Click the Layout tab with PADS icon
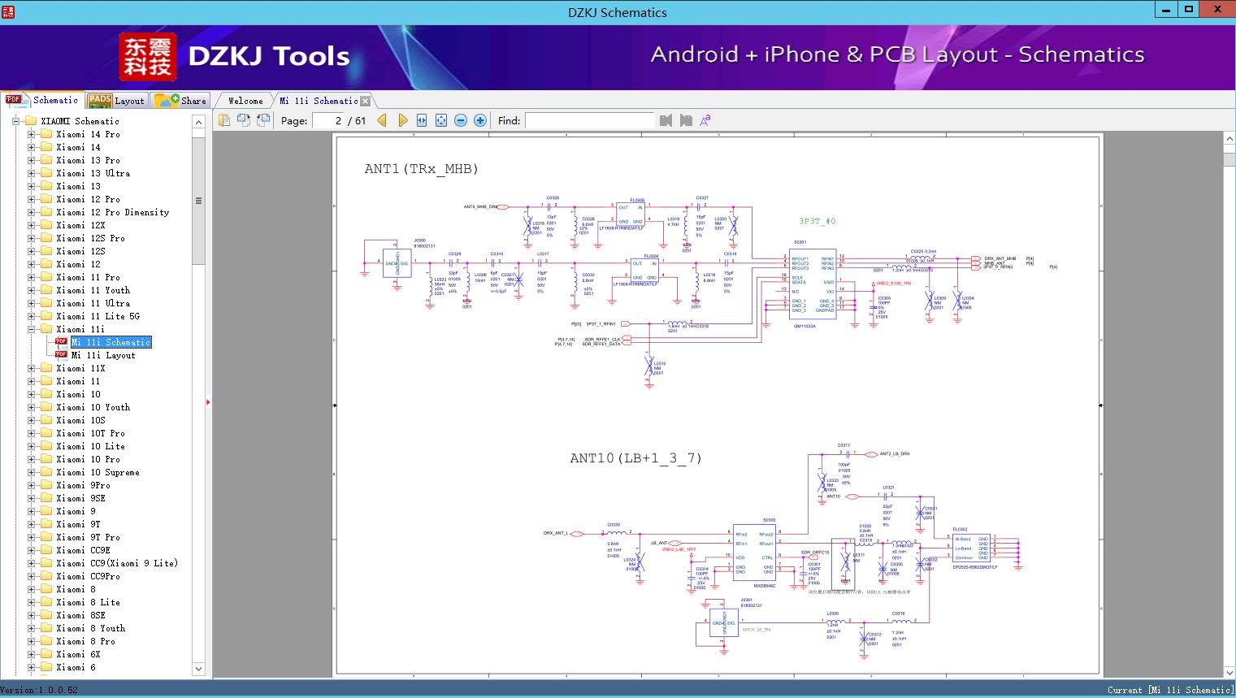point(117,101)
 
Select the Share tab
point(181,101)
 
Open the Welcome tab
point(245,101)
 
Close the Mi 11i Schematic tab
point(366,101)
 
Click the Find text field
point(589,120)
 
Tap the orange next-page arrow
point(402,120)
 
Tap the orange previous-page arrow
point(382,120)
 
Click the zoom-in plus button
point(480,120)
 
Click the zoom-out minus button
point(461,120)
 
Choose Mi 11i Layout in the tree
point(103,355)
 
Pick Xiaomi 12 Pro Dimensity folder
point(112,212)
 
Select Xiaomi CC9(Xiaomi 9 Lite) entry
point(116,563)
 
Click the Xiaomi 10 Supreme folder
point(98,472)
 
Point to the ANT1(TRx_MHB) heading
point(421,169)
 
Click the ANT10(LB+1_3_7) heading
point(635,458)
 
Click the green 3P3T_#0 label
point(817,221)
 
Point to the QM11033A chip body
point(813,284)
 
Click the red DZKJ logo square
point(148,56)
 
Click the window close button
point(1216,10)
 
